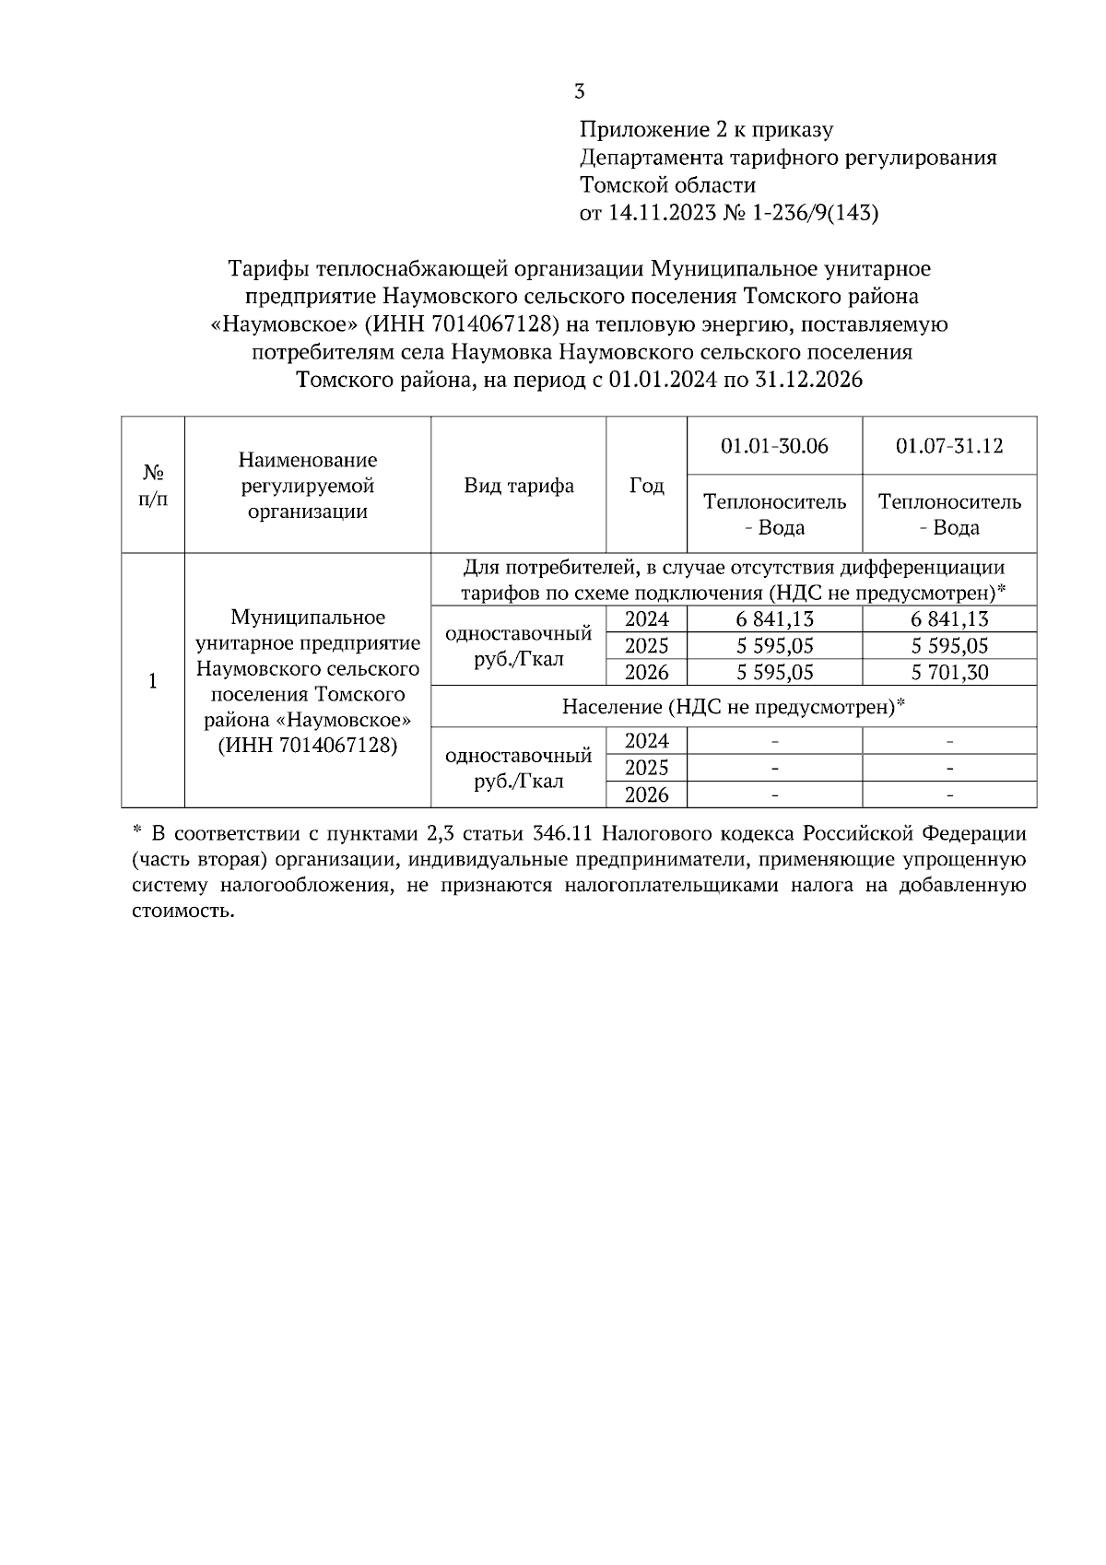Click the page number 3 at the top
pos(579,91)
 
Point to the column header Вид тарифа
pos(519,486)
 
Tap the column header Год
pos(646,486)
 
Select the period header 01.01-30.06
pos(774,446)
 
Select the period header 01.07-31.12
pos(949,446)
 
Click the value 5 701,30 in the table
pos(949,673)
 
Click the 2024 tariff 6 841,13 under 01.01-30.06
pos(774,619)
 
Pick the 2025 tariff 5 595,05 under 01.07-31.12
pos(949,646)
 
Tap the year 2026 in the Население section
pos(646,794)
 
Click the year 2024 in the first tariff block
pos(646,619)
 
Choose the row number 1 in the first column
pos(153,681)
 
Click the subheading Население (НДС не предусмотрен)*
pos(734,707)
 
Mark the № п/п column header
pos(153,486)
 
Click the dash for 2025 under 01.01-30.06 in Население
pos(774,768)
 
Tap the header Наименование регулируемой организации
pos(308,486)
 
